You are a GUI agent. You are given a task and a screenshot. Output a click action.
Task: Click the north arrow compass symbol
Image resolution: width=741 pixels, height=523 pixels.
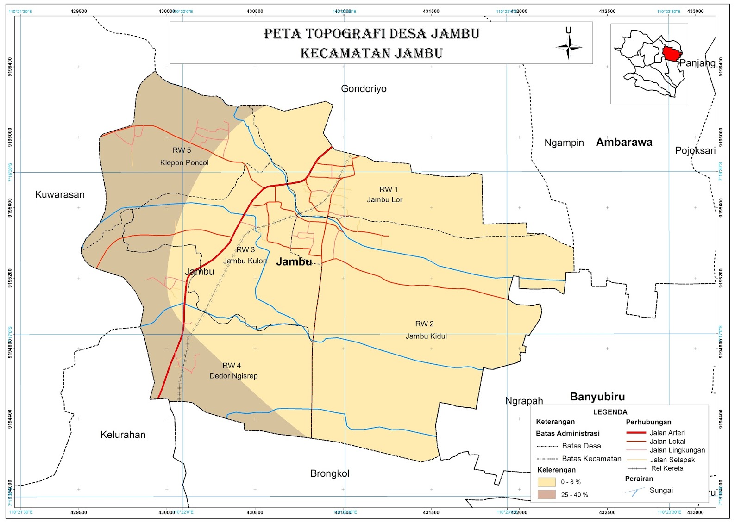569,47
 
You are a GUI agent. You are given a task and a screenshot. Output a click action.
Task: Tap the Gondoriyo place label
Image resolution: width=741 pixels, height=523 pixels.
364,89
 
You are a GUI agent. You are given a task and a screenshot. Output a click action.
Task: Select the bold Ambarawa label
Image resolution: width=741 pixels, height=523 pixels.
624,143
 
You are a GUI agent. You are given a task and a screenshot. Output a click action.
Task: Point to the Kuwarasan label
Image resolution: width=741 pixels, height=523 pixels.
60,195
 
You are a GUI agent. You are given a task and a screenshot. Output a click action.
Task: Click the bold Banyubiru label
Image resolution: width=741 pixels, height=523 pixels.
597,397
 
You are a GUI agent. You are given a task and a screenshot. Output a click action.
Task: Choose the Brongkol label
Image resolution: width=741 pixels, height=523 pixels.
330,473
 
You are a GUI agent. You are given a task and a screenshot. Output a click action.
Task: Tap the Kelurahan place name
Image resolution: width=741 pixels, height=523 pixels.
123,435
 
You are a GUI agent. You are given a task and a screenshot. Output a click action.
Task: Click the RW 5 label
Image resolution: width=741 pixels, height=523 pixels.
182,150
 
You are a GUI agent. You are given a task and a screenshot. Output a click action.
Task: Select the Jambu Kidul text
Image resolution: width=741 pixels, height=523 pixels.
426,336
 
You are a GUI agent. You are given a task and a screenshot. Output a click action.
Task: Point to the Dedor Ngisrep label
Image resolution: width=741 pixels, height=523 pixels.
233,376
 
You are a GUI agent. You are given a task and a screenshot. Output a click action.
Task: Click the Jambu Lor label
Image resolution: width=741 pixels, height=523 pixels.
384,200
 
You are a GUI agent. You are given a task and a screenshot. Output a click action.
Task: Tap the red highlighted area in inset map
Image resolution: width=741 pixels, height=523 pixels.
671,54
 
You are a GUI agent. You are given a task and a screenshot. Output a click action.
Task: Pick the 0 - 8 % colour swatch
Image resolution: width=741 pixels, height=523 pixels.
546,482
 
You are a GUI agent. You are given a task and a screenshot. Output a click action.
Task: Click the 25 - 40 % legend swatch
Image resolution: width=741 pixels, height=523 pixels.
546,494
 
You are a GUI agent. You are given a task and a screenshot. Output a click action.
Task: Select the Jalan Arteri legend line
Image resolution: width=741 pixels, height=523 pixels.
635,433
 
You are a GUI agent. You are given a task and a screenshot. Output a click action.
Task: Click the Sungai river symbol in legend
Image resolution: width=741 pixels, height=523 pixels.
634,492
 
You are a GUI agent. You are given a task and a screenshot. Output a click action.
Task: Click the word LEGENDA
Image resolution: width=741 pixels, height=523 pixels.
610,412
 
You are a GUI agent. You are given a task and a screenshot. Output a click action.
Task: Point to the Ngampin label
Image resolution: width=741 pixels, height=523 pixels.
564,143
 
